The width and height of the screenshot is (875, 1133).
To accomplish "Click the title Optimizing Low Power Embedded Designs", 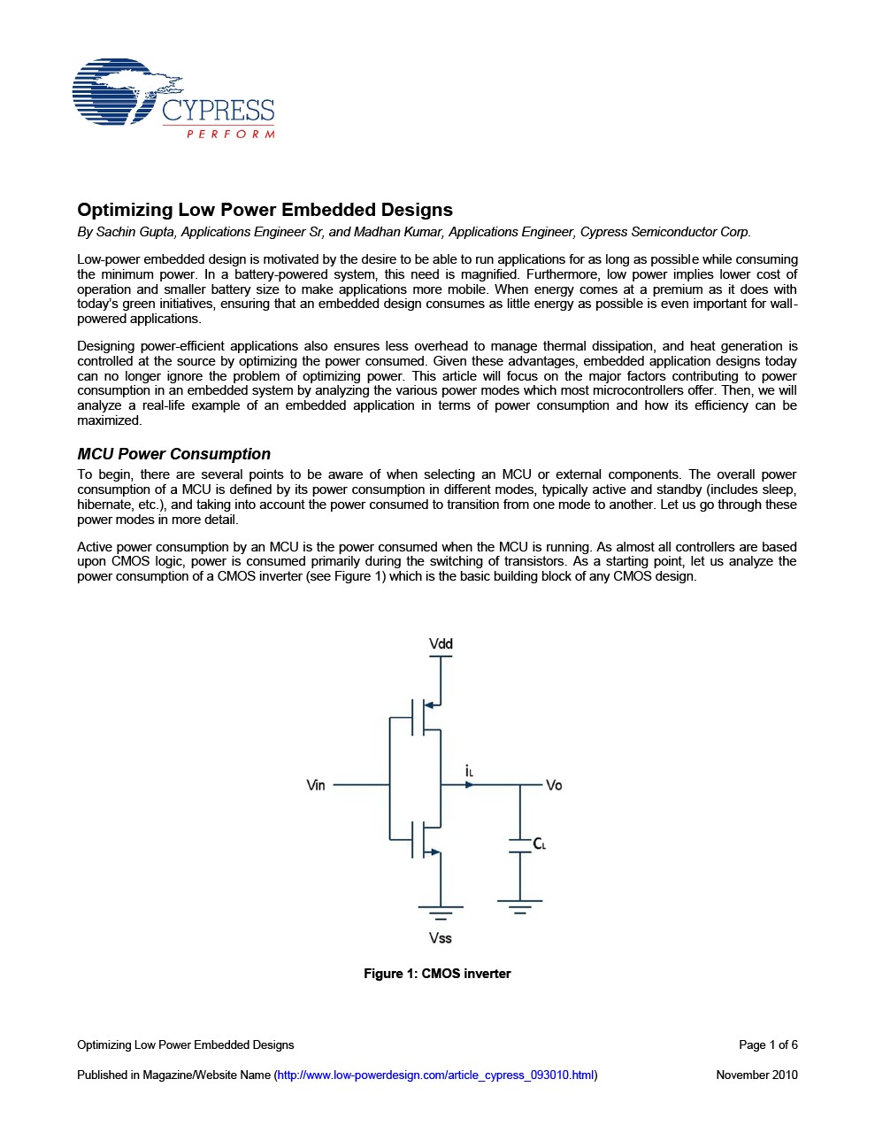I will [x=265, y=210].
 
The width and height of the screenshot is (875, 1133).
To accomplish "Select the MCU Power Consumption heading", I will [x=173, y=454].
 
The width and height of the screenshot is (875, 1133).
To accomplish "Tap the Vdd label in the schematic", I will [x=441, y=644].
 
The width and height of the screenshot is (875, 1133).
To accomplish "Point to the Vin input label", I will [x=316, y=785].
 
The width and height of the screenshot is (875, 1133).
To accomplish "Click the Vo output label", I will [x=554, y=785].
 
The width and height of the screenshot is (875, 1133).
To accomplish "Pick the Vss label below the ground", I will [x=440, y=938].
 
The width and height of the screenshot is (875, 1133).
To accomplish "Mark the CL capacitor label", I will [x=539, y=844].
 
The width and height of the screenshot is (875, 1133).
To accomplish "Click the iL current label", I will [x=469, y=771].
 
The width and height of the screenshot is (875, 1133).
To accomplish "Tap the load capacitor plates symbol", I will [x=519, y=844].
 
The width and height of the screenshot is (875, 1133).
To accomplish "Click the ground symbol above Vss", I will [x=440, y=913].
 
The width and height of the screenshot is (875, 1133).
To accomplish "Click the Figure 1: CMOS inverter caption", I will [x=437, y=974].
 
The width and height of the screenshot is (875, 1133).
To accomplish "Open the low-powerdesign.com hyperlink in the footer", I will [x=435, y=1075].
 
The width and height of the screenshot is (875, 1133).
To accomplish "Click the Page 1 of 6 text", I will [x=768, y=1045].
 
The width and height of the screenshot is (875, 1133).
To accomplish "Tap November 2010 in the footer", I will [x=756, y=1075].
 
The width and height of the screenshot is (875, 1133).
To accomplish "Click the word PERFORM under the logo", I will [x=231, y=135].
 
